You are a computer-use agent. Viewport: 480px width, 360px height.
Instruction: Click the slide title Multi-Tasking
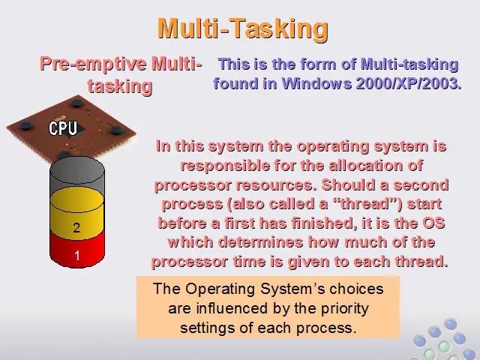coord(243,28)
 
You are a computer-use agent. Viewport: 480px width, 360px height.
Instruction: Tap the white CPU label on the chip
coord(63,128)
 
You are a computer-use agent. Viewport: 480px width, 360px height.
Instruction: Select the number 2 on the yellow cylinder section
coord(76,228)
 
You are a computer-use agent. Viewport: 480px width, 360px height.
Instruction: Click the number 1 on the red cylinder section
coord(76,255)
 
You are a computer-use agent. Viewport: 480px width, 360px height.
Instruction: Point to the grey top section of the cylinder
coord(77,175)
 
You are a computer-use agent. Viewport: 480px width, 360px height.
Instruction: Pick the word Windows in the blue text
coord(316,83)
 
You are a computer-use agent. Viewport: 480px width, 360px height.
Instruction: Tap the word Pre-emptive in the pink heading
coord(93,64)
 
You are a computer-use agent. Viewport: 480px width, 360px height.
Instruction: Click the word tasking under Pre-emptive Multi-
coord(120,86)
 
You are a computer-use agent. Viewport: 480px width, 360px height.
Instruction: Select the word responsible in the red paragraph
coord(225,166)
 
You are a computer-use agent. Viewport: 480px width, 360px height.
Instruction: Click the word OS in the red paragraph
coord(433,223)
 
